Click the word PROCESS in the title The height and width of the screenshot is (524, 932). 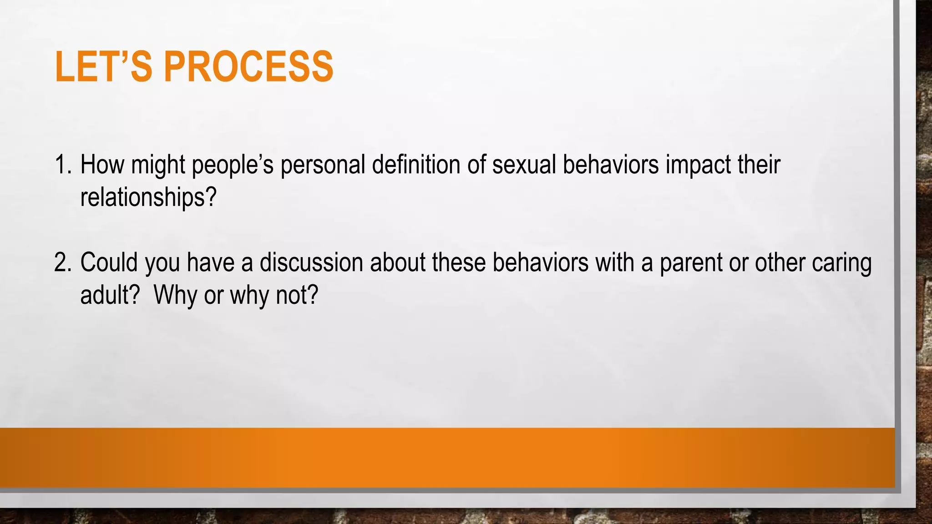[x=248, y=67]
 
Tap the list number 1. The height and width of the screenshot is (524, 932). [x=62, y=165]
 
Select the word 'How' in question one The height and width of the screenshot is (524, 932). [x=102, y=165]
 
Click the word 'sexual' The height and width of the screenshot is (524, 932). [x=524, y=165]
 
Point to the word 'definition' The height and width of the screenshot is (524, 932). [x=416, y=165]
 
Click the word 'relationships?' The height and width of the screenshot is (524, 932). [x=148, y=198]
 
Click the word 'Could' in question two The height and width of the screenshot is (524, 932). [x=109, y=263]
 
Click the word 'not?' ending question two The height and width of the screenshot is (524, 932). [x=297, y=296]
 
